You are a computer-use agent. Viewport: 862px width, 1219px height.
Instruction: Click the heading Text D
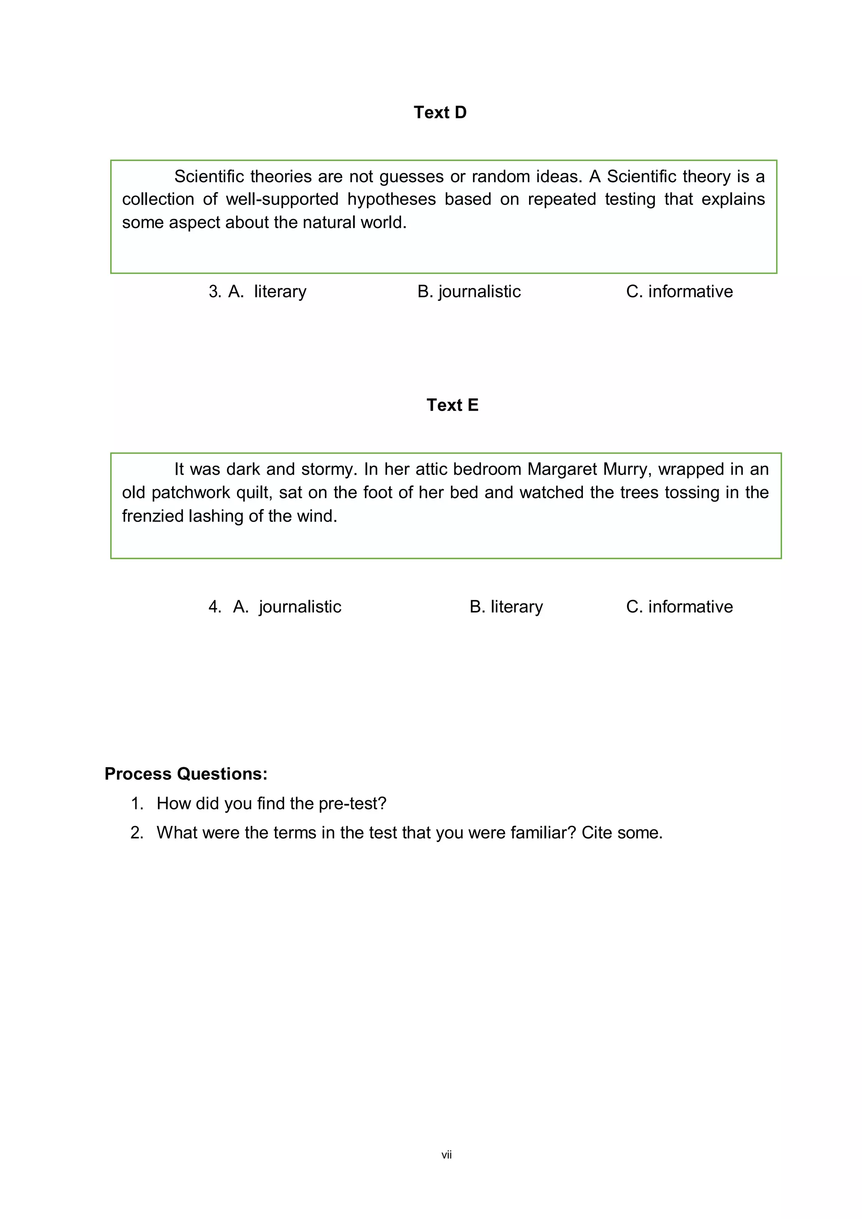(x=440, y=113)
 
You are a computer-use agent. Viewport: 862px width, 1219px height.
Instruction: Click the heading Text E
(x=452, y=405)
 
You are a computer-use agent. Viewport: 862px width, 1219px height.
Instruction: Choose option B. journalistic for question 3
(x=469, y=291)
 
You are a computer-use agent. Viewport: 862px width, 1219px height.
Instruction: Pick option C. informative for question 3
(x=679, y=291)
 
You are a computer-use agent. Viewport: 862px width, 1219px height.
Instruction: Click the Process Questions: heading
(x=186, y=774)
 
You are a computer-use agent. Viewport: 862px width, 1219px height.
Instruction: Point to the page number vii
(x=446, y=1155)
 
